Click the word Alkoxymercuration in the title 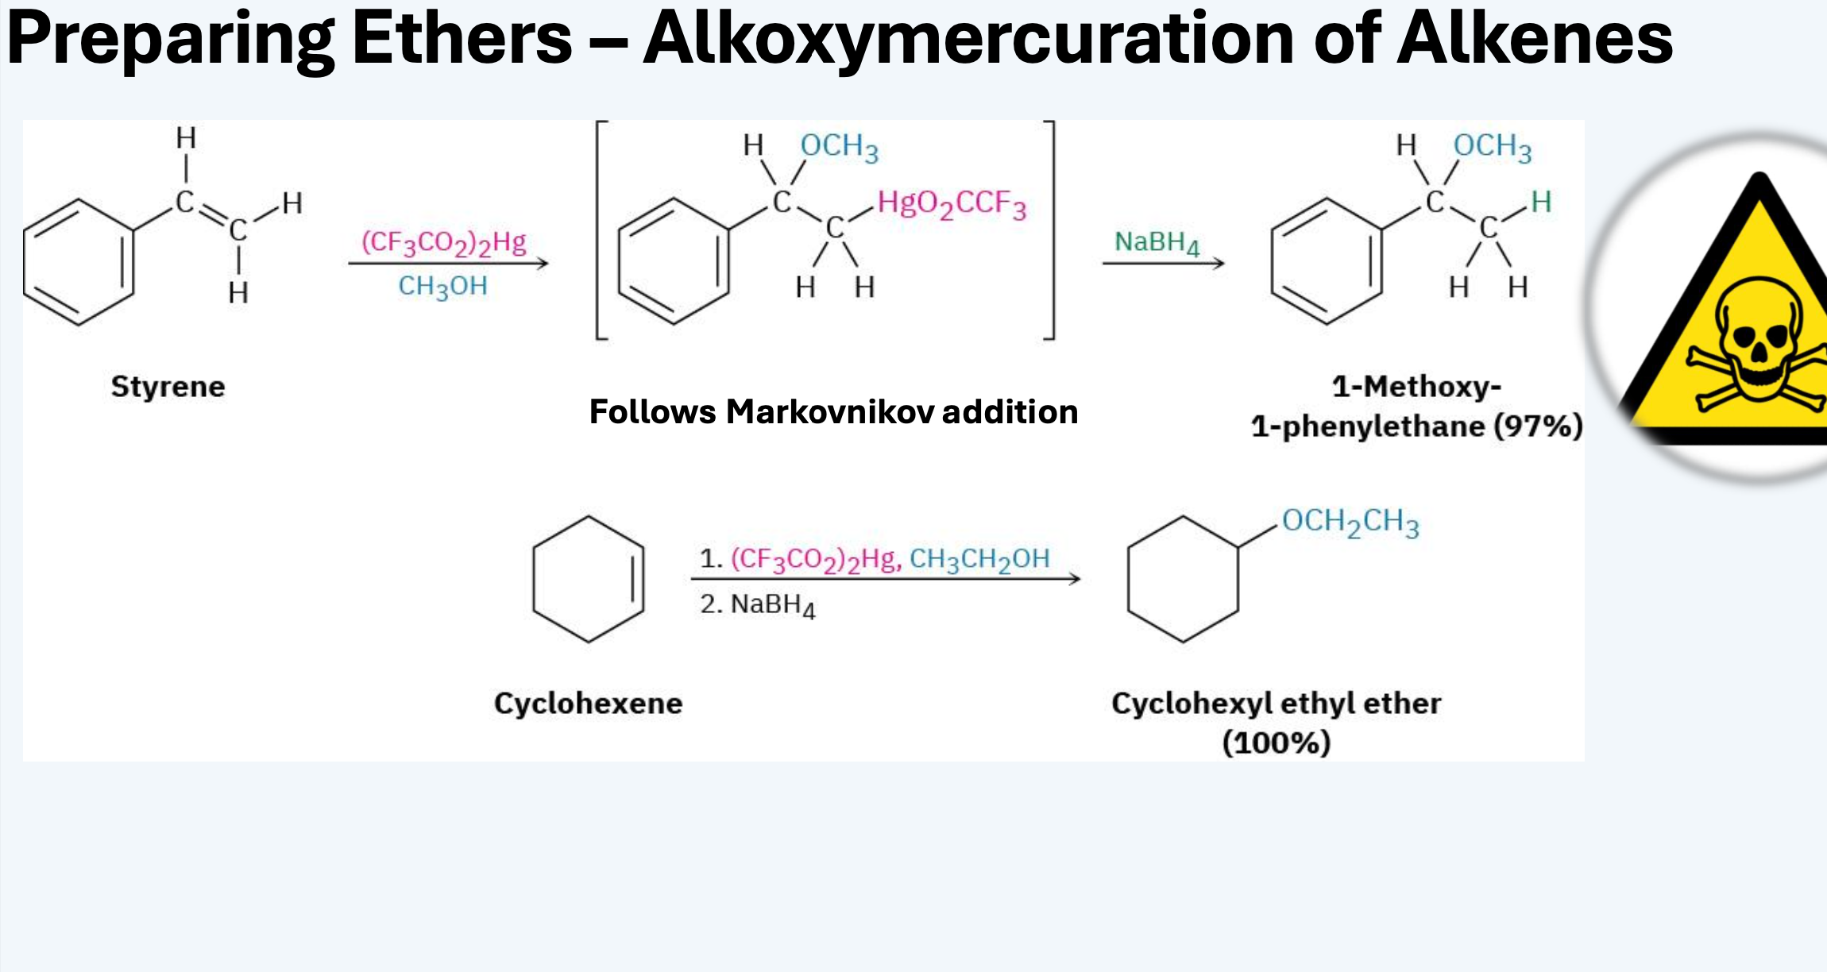(x=969, y=40)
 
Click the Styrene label (x=168, y=387)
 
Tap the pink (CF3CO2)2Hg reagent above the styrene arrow (x=444, y=242)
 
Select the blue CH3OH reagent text (x=442, y=287)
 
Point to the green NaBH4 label (x=1157, y=242)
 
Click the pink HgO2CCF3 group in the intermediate (x=952, y=204)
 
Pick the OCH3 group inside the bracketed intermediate (x=839, y=147)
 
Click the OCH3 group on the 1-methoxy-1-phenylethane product (x=1492, y=147)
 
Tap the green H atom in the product (x=1541, y=202)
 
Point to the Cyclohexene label (x=588, y=704)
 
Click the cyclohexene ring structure (x=588, y=516)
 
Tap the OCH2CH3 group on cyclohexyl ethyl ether (x=1350, y=522)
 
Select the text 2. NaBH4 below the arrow (x=757, y=605)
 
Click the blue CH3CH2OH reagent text (x=979, y=560)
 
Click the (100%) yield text (x=1276, y=743)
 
